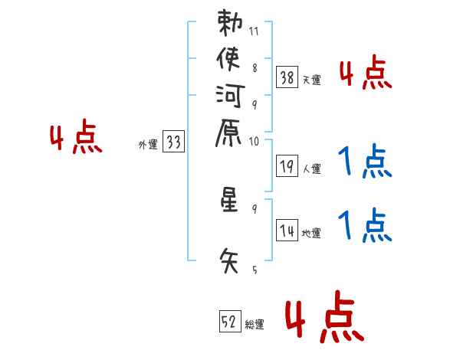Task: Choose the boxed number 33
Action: tap(173, 142)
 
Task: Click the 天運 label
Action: tap(312, 80)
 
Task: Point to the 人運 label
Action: tap(312, 167)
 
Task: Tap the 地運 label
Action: tap(312, 233)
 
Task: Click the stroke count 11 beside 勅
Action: tap(254, 32)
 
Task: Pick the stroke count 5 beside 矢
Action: tap(254, 270)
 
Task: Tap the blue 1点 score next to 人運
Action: tap(364, 161)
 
